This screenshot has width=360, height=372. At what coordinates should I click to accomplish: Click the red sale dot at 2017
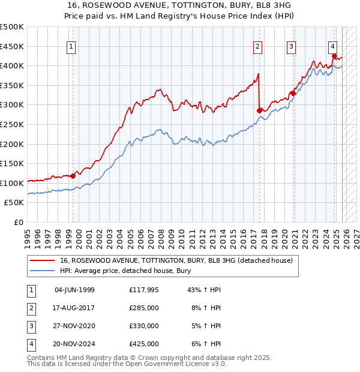[x=260, y=110]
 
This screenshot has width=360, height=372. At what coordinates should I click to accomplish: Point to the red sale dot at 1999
[x=73, y=176]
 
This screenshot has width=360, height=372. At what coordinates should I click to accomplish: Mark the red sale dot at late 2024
[x=334, y=56]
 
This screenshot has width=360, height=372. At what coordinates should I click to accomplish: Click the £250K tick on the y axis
[x=12, y=124]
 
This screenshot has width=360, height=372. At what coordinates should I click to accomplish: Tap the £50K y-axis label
[x=14, y=203]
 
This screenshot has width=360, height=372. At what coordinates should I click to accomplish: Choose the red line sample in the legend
[x=43, y=261]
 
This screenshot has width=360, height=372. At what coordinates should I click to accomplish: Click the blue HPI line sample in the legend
[x=43, y=271]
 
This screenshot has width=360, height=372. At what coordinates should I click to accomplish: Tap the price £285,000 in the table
[x=144, y=308]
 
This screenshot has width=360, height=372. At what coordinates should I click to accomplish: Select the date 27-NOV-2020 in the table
[x=74, y=326]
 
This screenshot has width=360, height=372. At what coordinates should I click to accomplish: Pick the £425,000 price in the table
[x=144, y=344]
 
